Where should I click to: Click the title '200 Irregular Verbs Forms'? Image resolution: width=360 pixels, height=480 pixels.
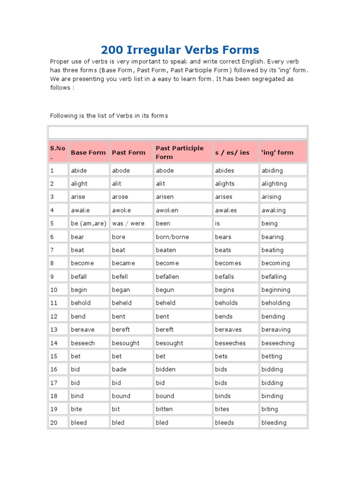click(x=180, y=50)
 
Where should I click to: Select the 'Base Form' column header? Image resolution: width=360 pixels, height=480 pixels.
click(x=88, y=152)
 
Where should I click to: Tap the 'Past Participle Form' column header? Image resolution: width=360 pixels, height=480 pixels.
click(x=180, y=152)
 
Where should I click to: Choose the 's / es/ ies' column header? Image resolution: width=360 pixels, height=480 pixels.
click(x=232, y=152)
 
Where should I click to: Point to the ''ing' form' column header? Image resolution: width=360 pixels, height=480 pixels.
click(x=277, y=152)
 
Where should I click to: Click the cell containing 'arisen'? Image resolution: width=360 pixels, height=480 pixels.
click(x=167, y=197)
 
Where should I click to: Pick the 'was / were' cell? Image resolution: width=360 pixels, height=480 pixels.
click(x=128, y=224)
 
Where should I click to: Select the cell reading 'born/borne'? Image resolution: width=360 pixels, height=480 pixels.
click(x=172, y=237)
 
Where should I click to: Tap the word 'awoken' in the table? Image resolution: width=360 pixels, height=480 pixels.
click(x=167, y=210)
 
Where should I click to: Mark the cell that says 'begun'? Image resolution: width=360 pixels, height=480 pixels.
click(x=165, y=290)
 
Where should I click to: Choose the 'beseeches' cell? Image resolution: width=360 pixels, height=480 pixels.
click(x=230, y=343)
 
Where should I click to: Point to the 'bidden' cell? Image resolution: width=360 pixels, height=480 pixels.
click(x=165, y=369)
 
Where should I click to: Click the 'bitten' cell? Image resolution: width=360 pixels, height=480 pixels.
click(x=164, y=409)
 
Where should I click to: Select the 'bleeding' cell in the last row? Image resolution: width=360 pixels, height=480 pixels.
click(x=274, y=422)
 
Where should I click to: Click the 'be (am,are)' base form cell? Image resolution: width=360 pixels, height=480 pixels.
click(x=89, y=224)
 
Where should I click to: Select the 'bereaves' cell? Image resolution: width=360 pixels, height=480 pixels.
click(x=228, y=330)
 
